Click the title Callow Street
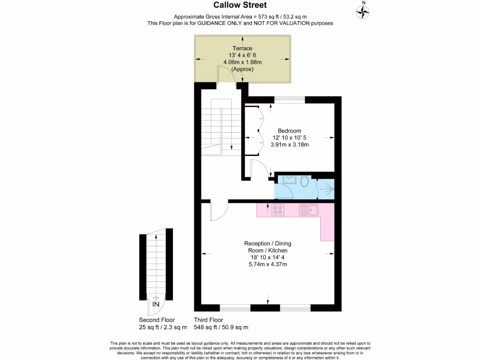coord(240,5)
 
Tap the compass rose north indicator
coord(363,11)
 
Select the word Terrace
coord(242,48)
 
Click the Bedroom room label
coord(289,131)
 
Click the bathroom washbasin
coord(286,179)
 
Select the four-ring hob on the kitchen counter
coord(277,210)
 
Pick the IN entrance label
coord(156,304)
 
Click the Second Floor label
coord(157,320)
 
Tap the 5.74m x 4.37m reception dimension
coord(267,264)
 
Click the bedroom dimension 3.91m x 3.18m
coord(289,145)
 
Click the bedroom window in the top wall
coord(289,99)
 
